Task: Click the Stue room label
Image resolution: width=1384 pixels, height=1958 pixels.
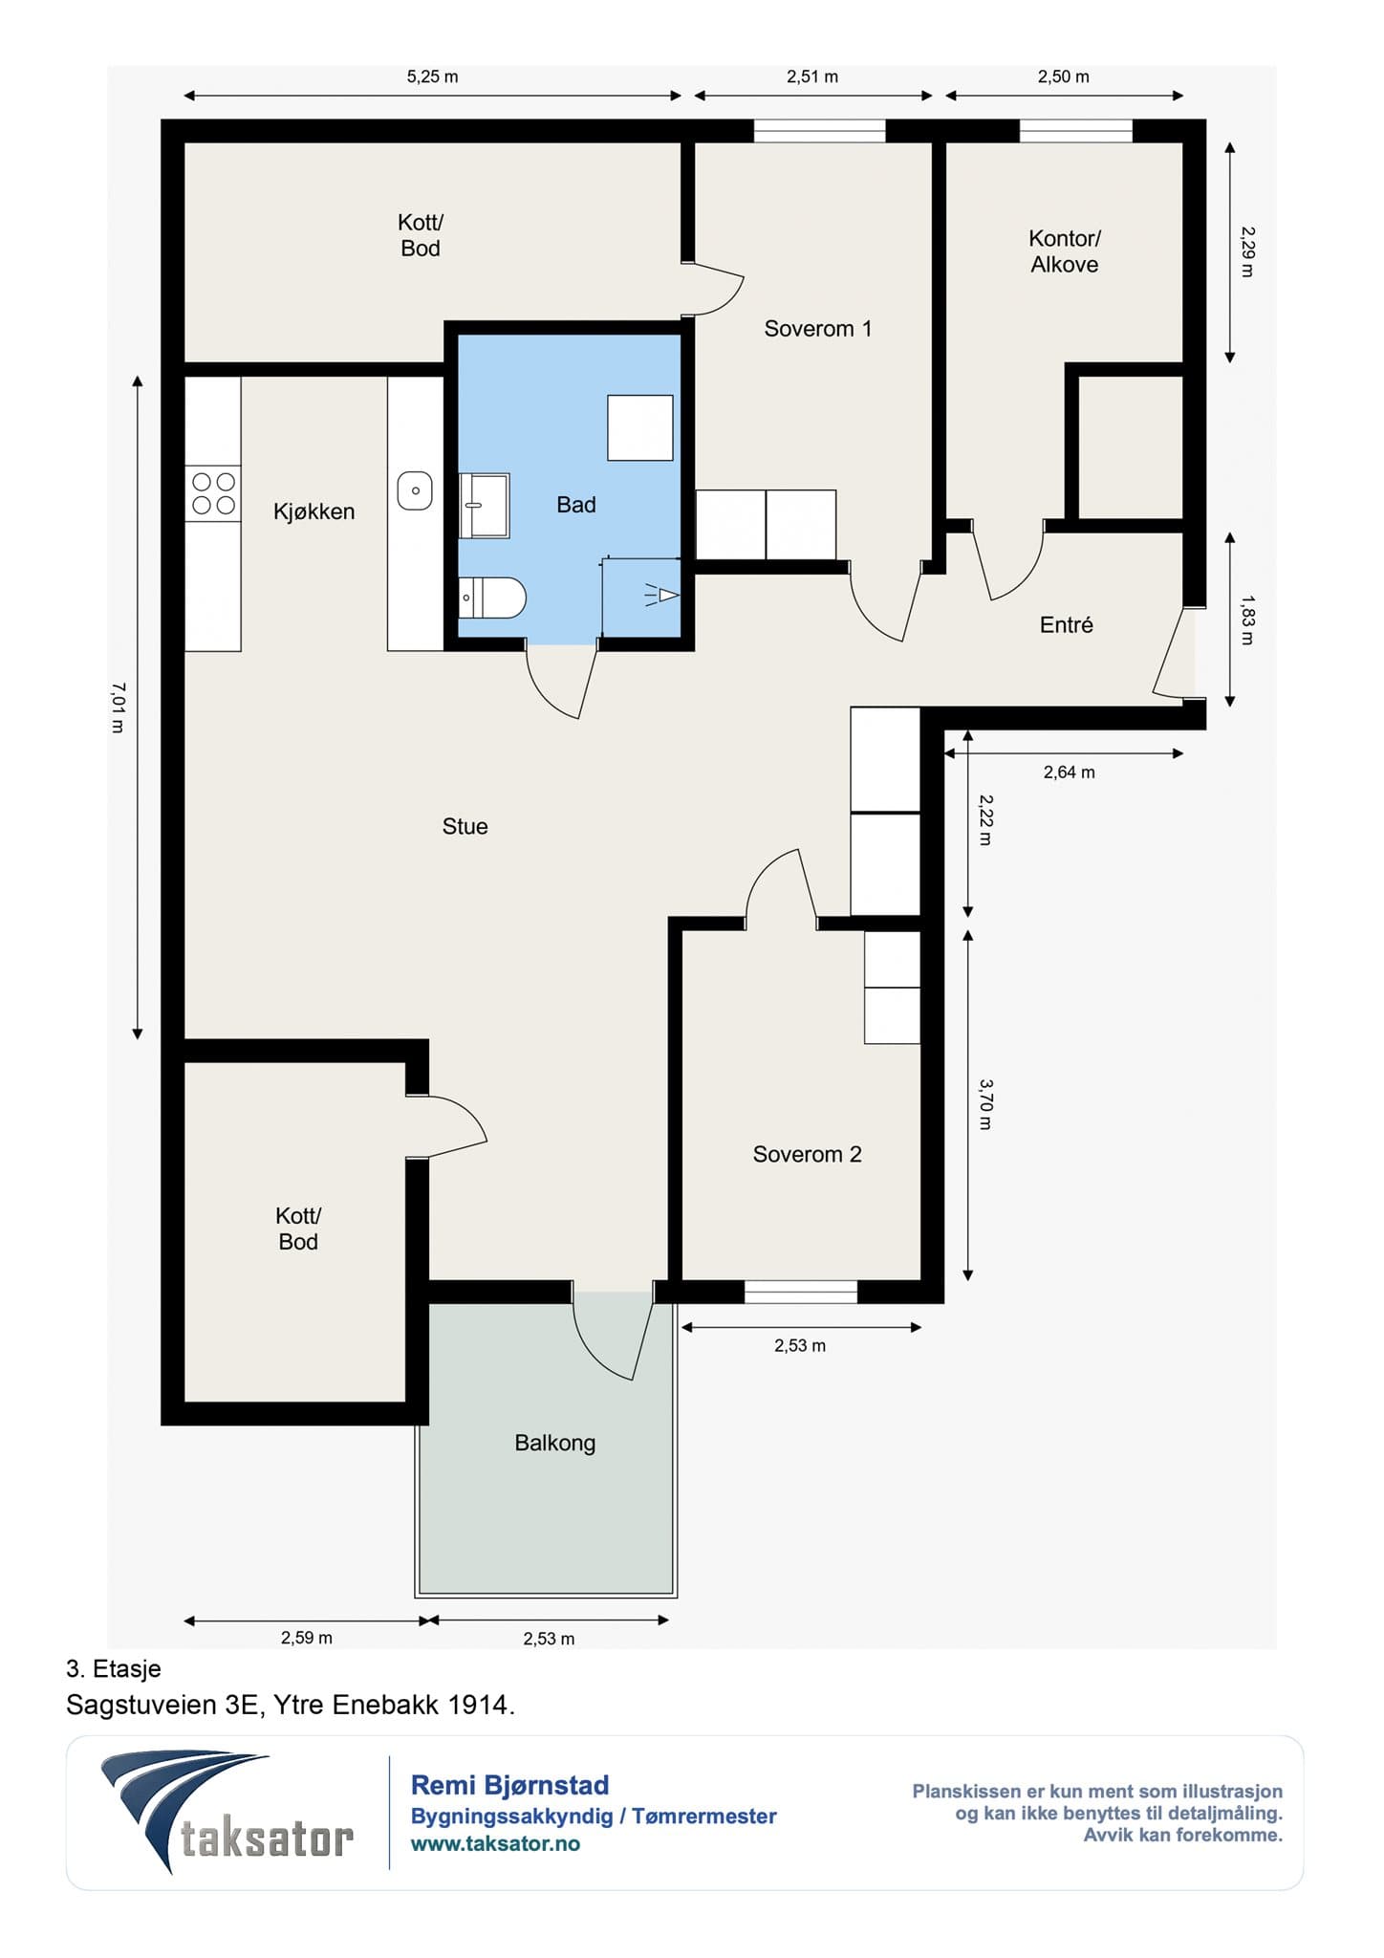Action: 465,826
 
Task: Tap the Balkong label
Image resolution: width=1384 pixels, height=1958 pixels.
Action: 554,1443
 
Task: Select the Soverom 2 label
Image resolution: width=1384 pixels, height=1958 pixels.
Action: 807,1154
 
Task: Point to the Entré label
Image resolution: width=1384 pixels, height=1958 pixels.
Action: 1066,624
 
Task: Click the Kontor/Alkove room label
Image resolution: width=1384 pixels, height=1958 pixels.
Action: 1065,251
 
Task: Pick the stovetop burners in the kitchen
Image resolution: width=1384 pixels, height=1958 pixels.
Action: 213,493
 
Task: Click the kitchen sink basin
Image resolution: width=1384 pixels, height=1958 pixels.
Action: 415,490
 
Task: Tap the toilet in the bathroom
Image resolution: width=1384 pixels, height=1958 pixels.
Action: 491,598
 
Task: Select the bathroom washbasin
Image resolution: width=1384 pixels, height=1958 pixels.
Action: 484,506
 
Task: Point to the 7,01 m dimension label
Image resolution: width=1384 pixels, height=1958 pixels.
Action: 118,707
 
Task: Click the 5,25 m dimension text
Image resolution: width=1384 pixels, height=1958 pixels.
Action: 432,76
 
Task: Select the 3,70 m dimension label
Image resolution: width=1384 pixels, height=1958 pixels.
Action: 985,1104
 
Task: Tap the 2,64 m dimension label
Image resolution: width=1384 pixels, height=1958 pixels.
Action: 1069,772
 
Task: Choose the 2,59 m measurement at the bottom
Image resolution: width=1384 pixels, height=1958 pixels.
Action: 306,1638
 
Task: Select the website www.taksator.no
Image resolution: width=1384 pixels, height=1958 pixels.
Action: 495,1844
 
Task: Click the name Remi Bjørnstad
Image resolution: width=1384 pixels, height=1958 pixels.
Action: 509,1785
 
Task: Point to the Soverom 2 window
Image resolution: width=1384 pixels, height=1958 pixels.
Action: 801,1292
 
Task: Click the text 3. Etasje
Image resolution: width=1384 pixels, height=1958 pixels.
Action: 114,1669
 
